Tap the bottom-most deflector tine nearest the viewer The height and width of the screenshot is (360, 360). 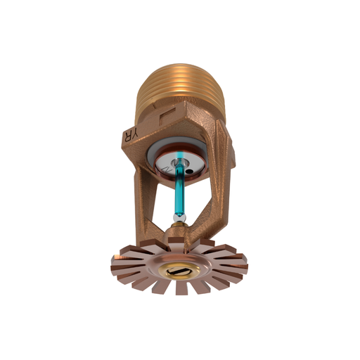180,288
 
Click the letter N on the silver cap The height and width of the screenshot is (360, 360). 163,171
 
